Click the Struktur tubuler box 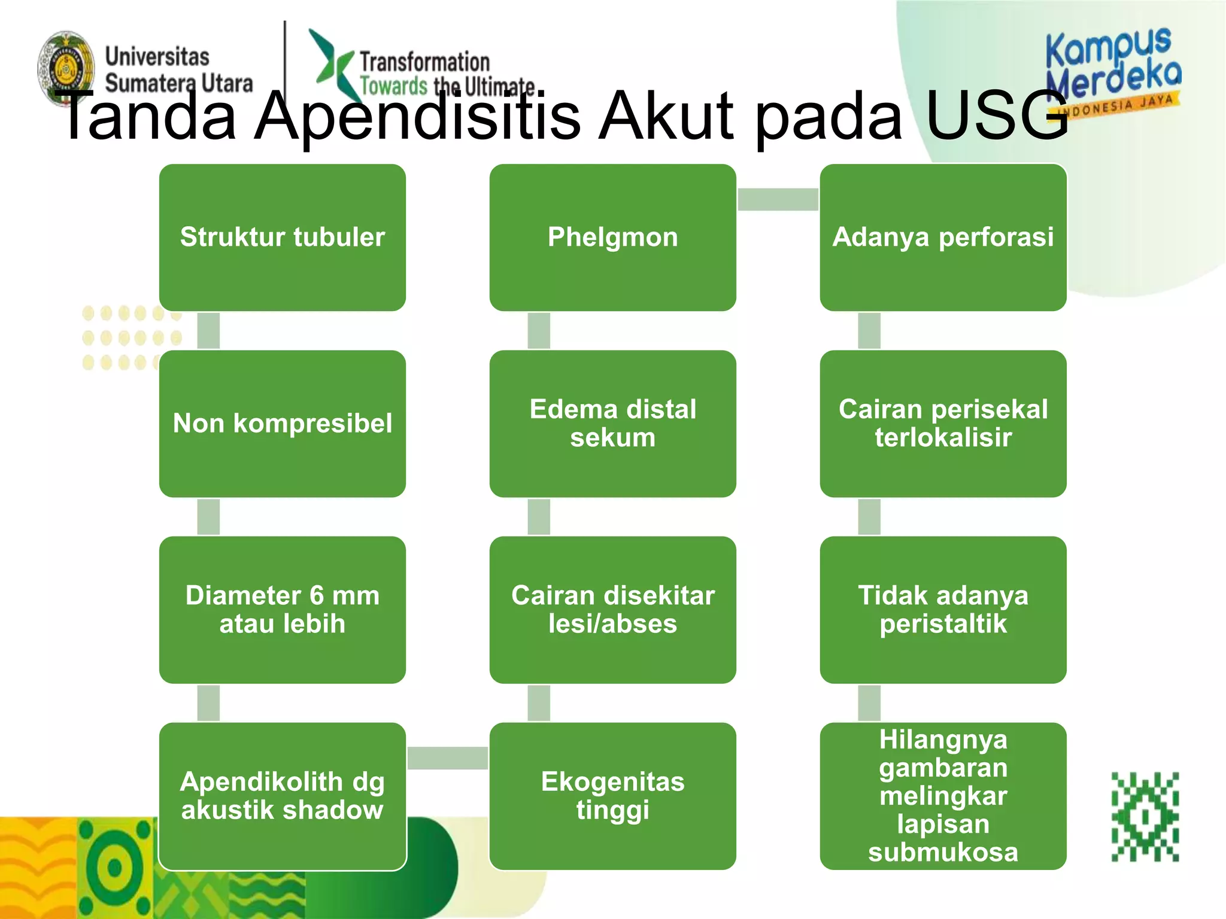282,238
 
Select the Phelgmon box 612,238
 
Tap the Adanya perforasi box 943,238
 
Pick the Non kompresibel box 282,424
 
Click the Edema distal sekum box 612,424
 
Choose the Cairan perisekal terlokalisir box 943,424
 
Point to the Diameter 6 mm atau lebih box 282,610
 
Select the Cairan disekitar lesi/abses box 612,610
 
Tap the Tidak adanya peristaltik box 943,610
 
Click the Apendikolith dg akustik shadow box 282,796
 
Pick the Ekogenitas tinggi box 612,796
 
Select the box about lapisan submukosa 943,796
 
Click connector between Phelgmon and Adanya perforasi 778,199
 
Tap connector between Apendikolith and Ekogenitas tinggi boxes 447,758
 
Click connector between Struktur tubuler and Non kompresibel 208,330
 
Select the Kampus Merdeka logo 1113,69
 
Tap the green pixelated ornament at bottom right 1145,817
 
